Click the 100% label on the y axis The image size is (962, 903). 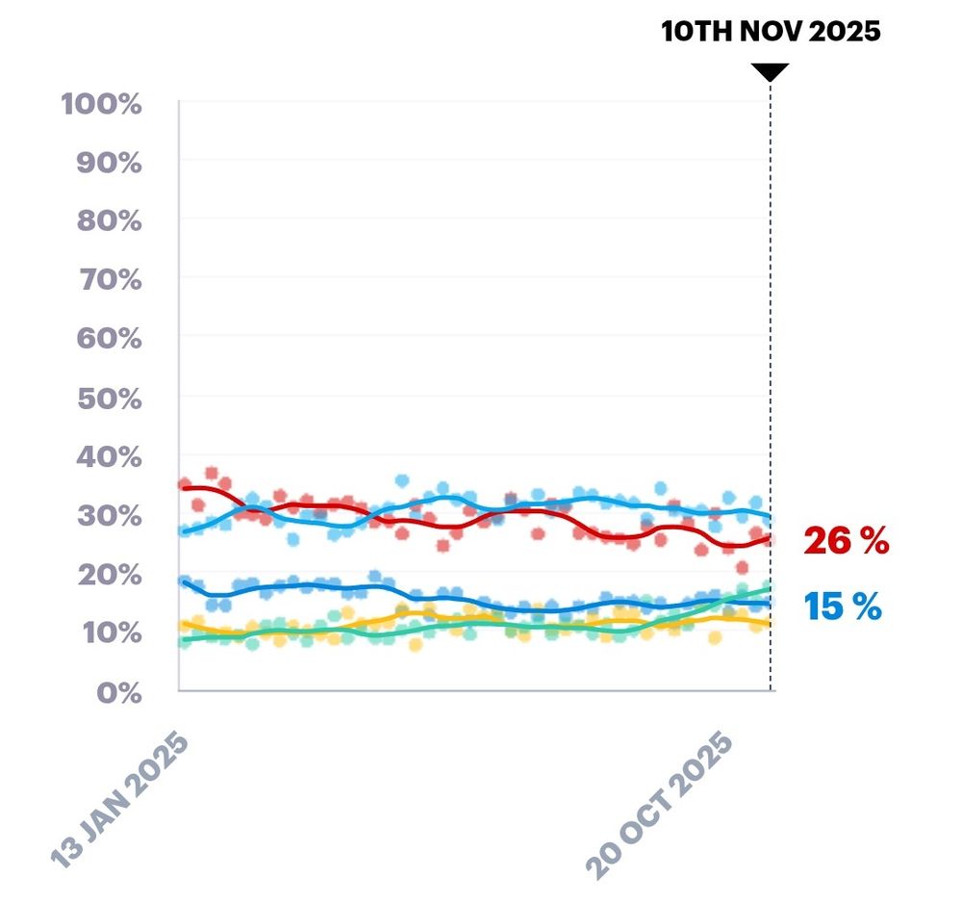(x=102, y=103)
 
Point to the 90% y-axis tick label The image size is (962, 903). (x=108, y=162)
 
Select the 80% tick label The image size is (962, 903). (x=108, y=220)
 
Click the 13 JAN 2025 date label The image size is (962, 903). (x=120, y=800)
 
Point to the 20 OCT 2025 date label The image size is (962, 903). (x=661, y=805)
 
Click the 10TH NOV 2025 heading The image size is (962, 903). (x=771, y=31)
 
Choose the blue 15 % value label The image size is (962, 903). (x=843, y=606)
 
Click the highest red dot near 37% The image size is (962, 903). (x=212, y=474)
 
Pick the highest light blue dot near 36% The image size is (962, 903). (x=402, y=480)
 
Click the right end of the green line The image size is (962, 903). (x=769, y=587)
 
